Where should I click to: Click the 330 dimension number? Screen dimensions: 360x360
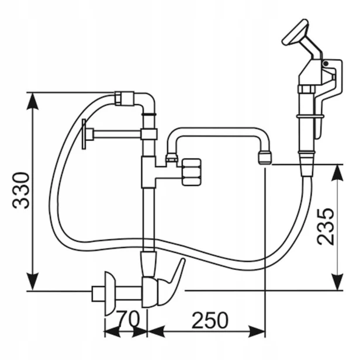[21, 191]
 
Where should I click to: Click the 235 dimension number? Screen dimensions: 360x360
[325, 226]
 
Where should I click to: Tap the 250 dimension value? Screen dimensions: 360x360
[210, 320]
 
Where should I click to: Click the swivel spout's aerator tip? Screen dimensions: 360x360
[265, 157]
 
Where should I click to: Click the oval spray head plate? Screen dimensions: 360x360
[295, 32]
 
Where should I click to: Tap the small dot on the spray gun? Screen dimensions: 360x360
[326, 63]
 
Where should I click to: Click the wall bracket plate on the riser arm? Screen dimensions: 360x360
[84, 134]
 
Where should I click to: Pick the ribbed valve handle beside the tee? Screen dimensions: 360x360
[192, 172]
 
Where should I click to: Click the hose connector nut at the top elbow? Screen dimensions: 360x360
[124, 99]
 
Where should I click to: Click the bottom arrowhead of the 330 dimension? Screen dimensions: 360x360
[33, 282]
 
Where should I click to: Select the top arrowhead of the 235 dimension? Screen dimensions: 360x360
[338, 172]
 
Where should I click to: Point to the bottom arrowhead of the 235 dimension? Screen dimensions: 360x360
[338, 282]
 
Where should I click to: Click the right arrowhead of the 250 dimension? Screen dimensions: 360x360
[257, 331]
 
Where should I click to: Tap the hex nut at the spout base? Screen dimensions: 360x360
[171, 157]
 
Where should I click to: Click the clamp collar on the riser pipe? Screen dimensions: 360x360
[149, 134]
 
